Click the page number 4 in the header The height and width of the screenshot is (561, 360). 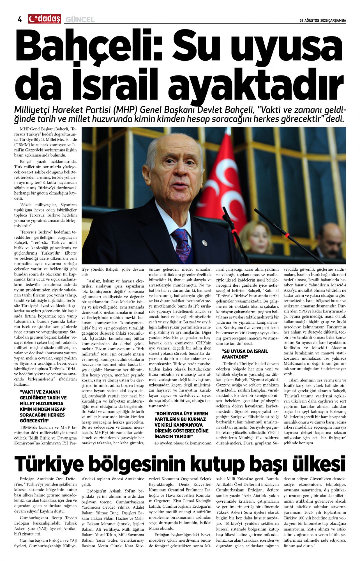click(20, 19)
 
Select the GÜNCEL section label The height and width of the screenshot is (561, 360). click(80, 20)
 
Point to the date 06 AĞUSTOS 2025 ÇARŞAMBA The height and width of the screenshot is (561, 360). click(323, 21)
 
